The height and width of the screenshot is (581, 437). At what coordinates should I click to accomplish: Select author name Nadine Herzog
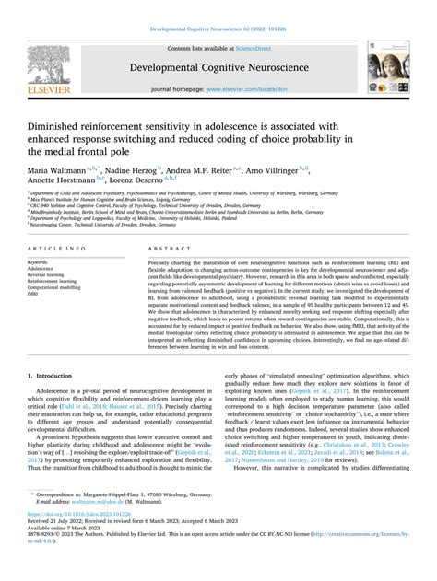tap(129, 171)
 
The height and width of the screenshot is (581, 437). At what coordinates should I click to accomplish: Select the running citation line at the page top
tap(218, 29)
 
